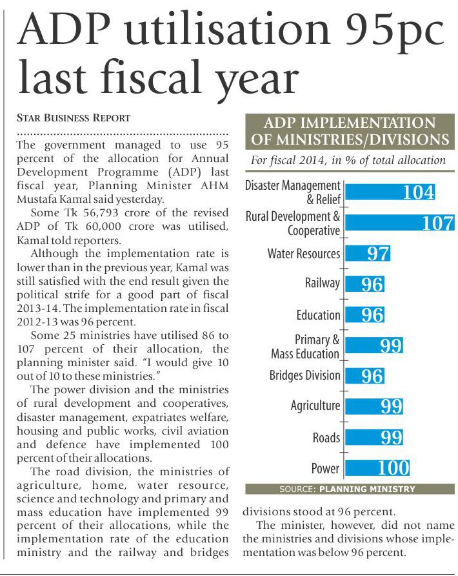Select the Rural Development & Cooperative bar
(400, 223)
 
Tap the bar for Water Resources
(368, 253)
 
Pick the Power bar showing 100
(377, 468)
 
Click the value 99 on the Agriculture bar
(392, 406)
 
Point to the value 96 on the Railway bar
(372, 284)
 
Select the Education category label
(318, 315)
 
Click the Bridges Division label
(304, 376)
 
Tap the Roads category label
(326, 437)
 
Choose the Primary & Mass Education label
(305, 347)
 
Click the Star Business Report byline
(74, 118)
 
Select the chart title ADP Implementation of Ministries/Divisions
(348, 131)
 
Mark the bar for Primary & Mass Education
(374, 345)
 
